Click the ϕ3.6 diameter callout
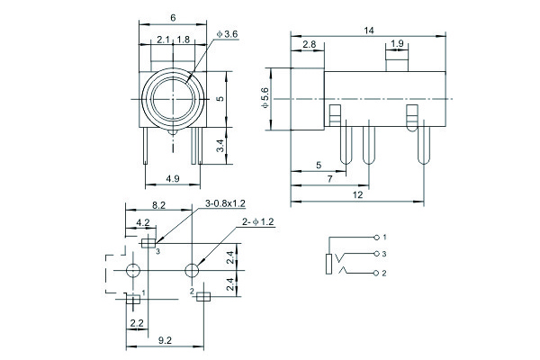[x=227, y=34]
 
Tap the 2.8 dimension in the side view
[x=309, y=44]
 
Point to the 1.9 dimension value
[x=396, y=44]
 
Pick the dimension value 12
[x=358, y=195]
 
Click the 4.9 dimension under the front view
[x=171, y=179]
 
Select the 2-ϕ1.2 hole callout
[x=257, y=221]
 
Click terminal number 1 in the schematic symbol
[x=384, y=237]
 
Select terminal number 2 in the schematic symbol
[x=384, y=273]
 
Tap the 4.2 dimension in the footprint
[x=142, y=222]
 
